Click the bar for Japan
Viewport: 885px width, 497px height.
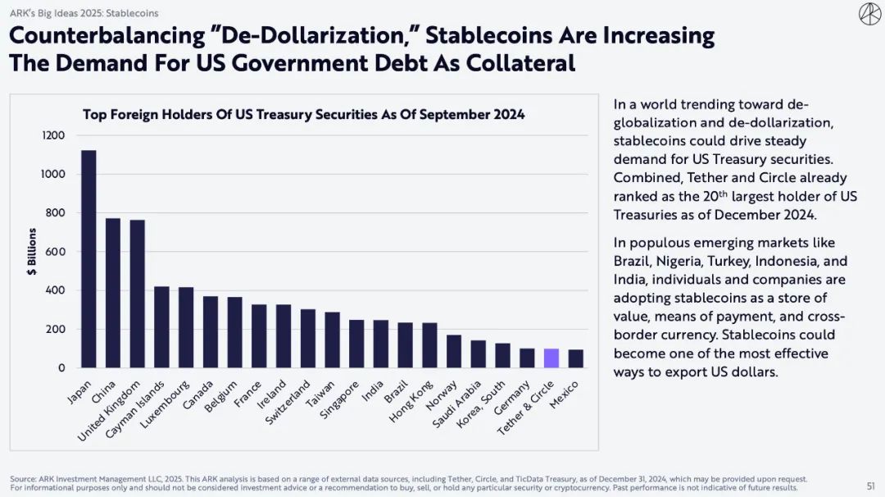[x=88, y=259]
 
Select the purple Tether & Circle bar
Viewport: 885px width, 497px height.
[x=551, y=358]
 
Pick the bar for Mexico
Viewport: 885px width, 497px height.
[x=576, y=359]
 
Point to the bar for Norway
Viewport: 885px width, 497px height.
[x=453, y=352]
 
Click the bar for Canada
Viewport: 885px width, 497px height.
[x=211, y=332]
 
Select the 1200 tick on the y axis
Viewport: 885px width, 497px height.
[x=53, y=135]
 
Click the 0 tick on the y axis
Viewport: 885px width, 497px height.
[x=61, y=368]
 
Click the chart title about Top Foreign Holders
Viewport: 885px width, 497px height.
[x=304, y=115]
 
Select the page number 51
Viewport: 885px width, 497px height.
[x=870, y=486]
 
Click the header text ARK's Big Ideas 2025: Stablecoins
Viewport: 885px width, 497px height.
[x=84, y=13]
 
